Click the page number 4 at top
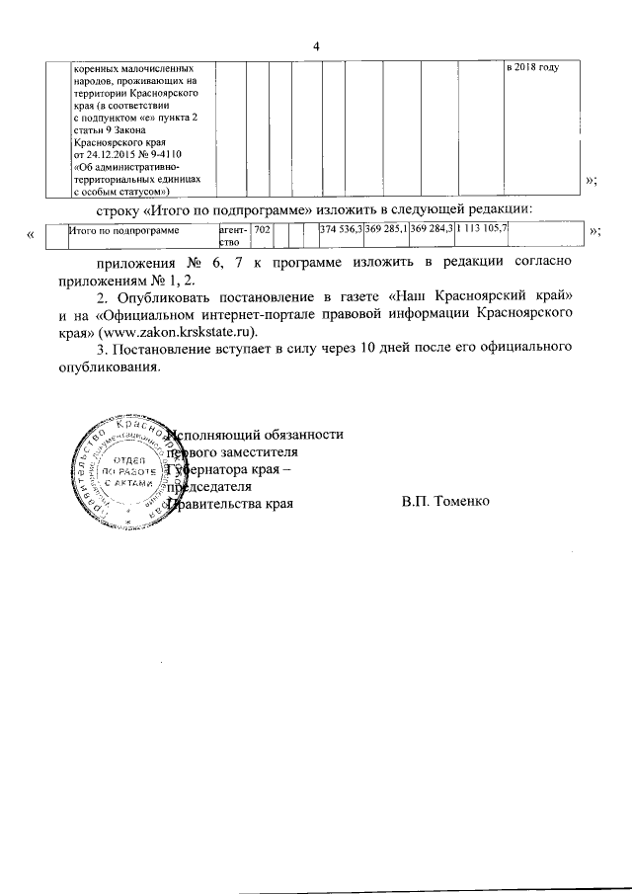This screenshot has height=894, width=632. pos(317,45)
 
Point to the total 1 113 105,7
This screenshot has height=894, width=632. pos(482,229)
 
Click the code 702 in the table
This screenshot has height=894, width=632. pos(262,229)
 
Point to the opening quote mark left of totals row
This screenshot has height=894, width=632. pos(33,232)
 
